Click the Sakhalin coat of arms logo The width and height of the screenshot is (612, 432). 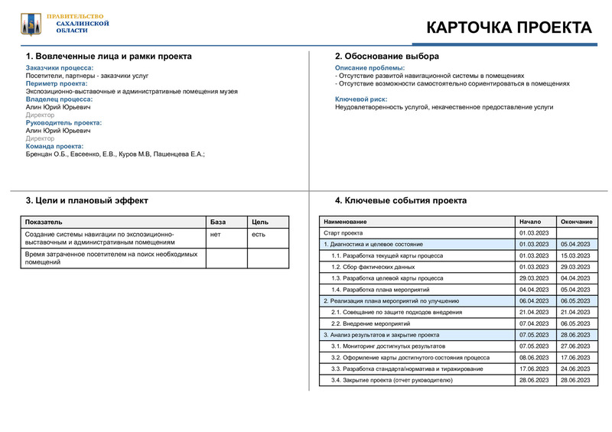(x=31, y=24)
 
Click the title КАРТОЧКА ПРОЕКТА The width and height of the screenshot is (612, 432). (x=508, y=28)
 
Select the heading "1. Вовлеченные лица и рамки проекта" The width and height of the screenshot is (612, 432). (x=109, y=57)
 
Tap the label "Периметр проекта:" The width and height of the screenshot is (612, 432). (x=57, y=83)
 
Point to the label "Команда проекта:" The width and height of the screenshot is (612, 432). (x=54, y=146)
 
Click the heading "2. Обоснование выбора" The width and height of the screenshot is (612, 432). (x=387, y=57)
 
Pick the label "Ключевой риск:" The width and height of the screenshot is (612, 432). (x=361, y=99)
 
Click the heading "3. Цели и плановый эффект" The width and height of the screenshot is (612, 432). (x=87, y=200)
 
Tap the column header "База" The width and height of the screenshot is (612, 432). (x=218, y=222)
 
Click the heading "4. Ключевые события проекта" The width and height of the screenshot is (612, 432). (x=401, y=200)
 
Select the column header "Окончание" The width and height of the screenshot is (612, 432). (x=576, y=222)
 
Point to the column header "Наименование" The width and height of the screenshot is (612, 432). (x=346, y=222)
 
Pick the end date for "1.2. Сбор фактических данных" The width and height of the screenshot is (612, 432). (x=575, y=267)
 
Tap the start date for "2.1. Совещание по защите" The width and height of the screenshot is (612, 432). (x=534, y=312)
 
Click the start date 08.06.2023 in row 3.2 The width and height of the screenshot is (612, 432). (x=534, y=357)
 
